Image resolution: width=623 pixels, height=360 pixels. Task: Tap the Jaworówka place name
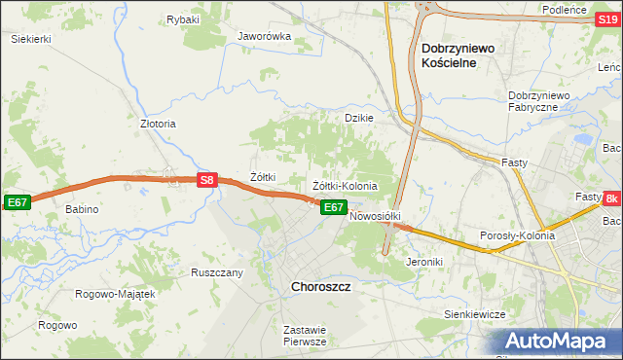click(265, 36)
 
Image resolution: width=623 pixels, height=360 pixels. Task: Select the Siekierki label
click(30, 38)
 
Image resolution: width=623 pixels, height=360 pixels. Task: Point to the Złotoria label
click(158, 124)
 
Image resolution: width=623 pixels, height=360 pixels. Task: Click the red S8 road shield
click(206, 180)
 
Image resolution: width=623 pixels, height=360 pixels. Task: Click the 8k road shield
click(611, 198)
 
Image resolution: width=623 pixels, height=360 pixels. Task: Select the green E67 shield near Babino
click(17, 201)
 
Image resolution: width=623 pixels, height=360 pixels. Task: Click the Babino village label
click(83, 209)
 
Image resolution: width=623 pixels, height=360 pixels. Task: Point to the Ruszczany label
click(217, 272)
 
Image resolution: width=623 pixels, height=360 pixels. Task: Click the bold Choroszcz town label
click(321, 288)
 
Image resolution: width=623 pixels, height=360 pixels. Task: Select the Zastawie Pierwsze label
click(304, 336)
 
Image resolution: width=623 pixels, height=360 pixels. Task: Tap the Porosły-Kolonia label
click(517, 235)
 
